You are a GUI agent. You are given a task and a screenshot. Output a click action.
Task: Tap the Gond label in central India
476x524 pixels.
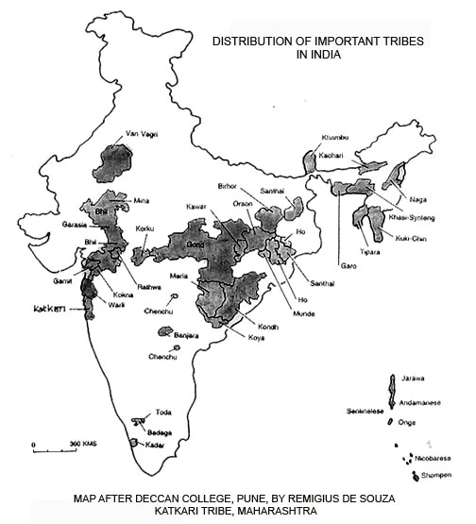(x=195, y=243)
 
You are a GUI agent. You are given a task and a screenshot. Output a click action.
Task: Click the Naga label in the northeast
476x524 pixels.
(x=418, y=196)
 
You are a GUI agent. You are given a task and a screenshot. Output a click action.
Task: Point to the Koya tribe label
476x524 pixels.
(x=256, y=336)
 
